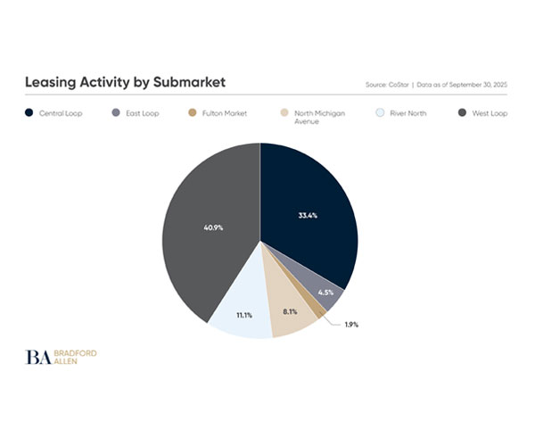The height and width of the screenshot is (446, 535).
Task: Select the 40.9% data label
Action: click(x=213, y=227)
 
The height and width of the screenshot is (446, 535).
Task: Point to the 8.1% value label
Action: click(x=289, y=311)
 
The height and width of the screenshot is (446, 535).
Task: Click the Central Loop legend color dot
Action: click(x=29, y=113)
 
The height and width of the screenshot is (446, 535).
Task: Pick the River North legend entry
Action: click(x=407, y=113)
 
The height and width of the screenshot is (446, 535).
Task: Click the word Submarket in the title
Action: click(x=186, y=83)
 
